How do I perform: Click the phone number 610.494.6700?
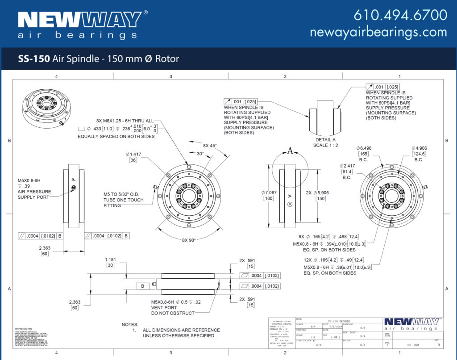[400, 15]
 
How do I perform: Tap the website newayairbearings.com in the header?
[378, 32]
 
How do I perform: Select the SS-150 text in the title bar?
[33, 59]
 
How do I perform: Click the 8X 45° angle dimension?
[209, 146]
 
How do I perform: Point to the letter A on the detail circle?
[290, 151]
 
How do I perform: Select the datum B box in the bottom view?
[143, 285]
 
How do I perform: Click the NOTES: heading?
[130, 324]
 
